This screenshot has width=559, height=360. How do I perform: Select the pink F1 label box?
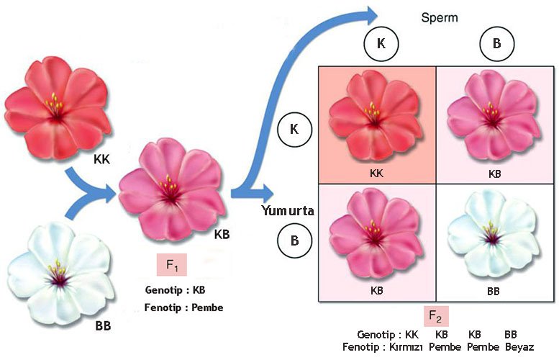coord(171,265)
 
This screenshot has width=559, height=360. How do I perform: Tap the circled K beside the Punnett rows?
coord(294,130)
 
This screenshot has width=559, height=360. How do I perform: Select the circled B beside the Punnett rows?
coord(294,240)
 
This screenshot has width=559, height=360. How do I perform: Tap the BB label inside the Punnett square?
coord(491,292)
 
